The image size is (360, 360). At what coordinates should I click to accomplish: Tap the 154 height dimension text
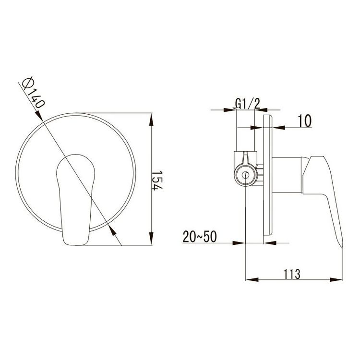tap(157, 180)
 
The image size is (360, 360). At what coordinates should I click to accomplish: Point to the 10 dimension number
tap(305, 121)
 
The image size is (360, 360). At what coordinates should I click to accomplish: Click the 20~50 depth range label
tap(200, 237)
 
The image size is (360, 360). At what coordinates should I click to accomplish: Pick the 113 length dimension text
tap(292, 274)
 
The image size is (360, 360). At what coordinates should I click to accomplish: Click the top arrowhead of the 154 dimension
tap(151, 120)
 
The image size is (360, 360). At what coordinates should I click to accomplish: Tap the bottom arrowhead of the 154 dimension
tap(151, 239)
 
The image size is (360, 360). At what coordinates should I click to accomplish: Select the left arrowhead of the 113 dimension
tap(252, 280)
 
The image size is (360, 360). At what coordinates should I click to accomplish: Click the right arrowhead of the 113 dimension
tap(336, 280)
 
